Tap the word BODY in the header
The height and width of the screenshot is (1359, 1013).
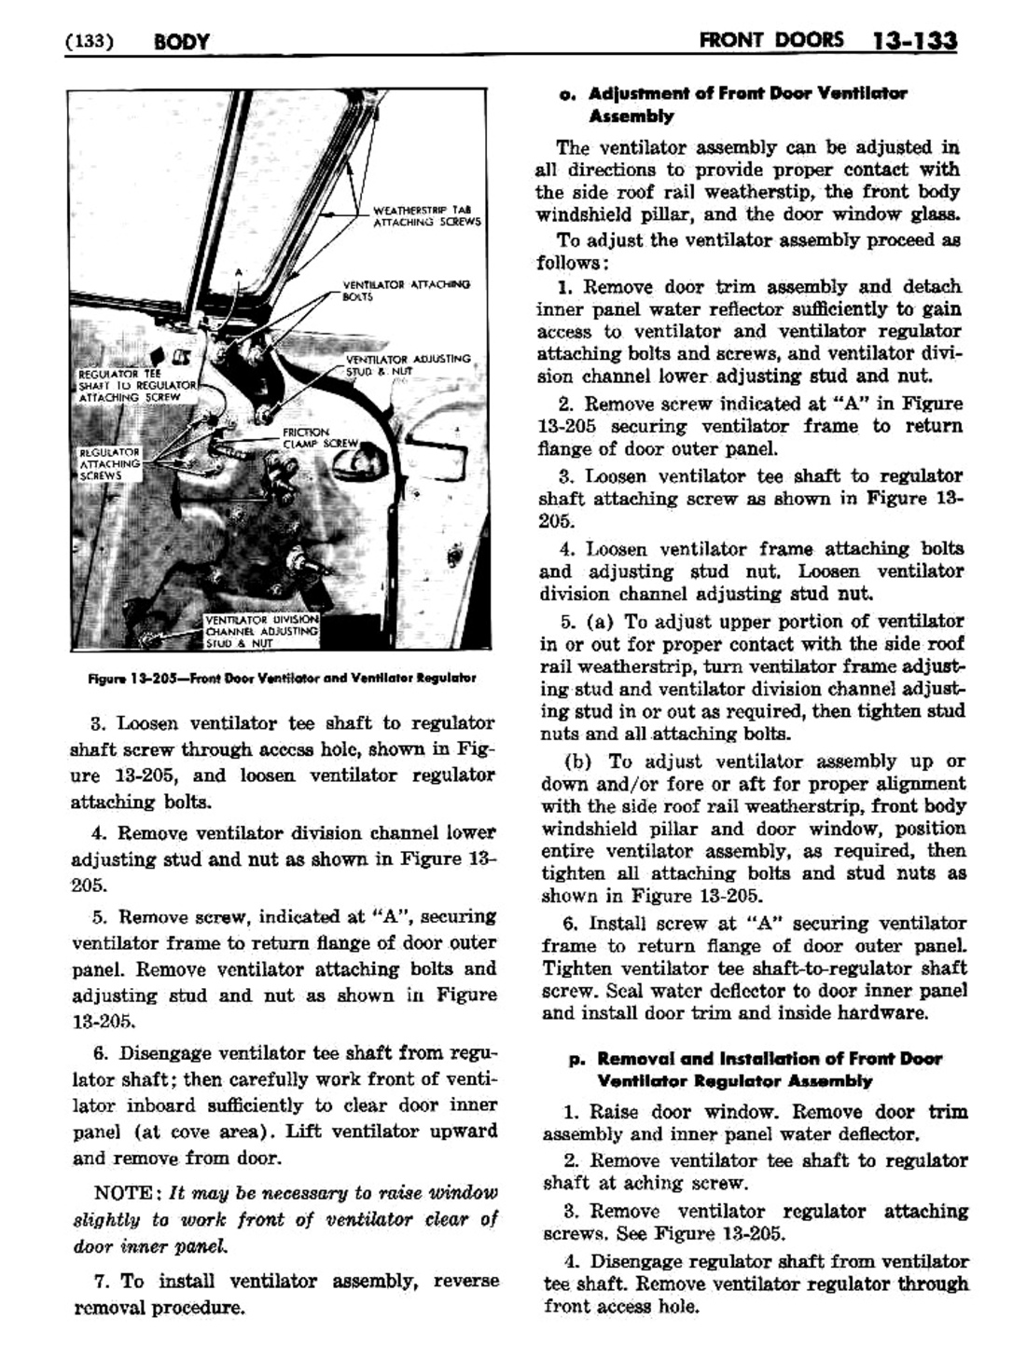point(182,42)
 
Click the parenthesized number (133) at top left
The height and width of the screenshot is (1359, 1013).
point(90,42)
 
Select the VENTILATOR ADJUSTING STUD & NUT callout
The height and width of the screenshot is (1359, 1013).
point(408,364)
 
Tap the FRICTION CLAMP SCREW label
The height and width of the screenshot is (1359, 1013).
point(319,438)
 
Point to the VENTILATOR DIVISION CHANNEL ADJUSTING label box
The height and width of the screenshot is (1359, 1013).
point(261,630)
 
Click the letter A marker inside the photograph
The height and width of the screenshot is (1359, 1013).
point(238,272)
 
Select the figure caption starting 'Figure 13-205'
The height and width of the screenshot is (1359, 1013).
point(282,678)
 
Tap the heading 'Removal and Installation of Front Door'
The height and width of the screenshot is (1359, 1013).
point(769,1059)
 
